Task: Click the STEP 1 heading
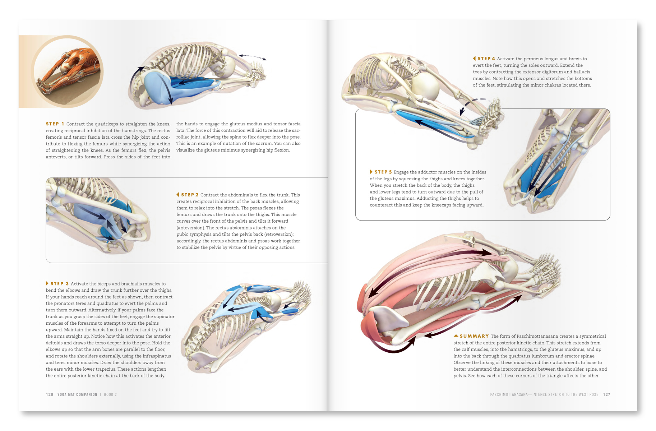coord(55,124)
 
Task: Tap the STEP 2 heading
coord(190,195)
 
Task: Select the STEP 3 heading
coord(60,284)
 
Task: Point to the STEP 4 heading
coord(486,59)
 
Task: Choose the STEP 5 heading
coord(383,172)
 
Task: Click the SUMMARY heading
coord(474,336)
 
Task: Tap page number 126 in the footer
coord(50,394)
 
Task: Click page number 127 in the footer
coord(606,394)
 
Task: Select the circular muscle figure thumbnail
coord(67,71)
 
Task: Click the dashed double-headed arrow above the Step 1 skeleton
coord(253,56)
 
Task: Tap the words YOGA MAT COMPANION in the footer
coord(77,394)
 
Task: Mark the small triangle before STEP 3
coord(47,283)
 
